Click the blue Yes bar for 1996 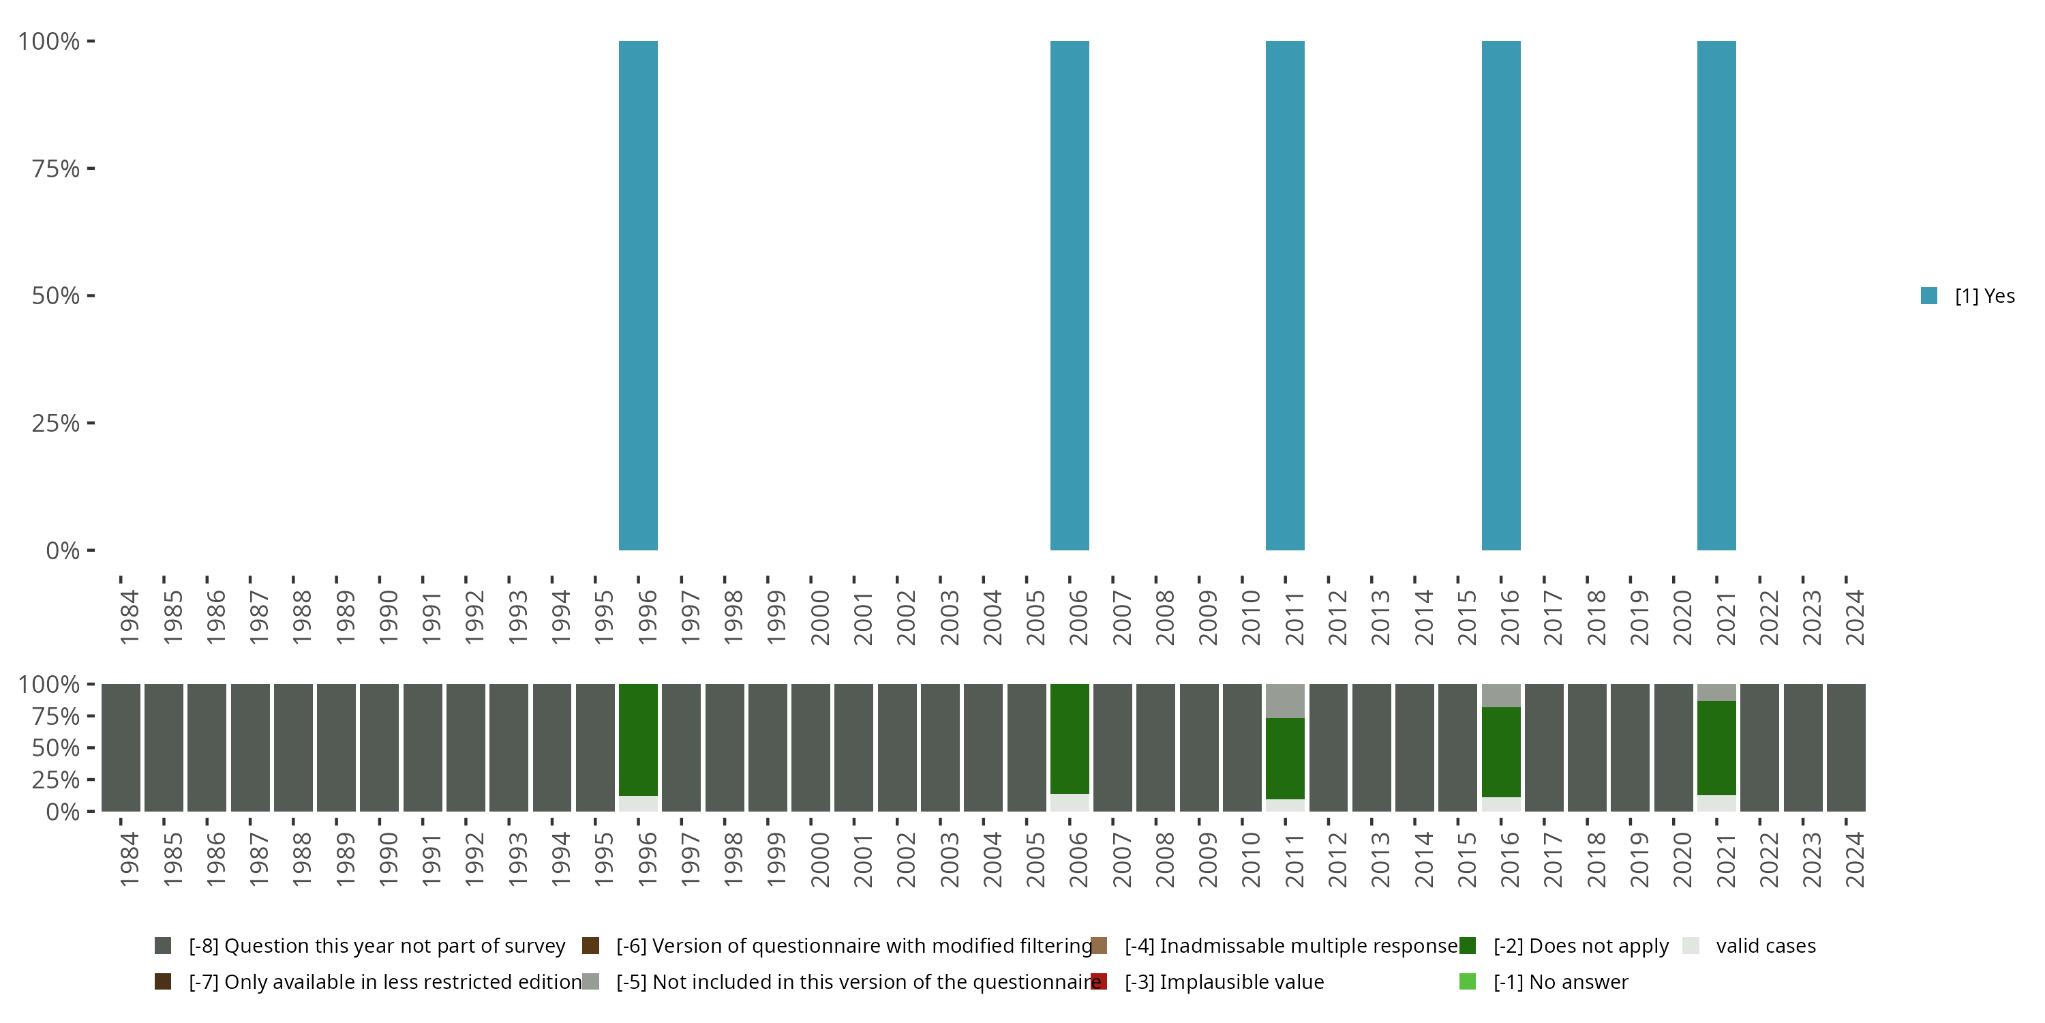638,295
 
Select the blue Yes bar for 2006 1070,295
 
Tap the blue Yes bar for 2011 1284,295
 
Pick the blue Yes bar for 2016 1500,295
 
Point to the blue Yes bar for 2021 1716,295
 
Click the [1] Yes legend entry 1967,296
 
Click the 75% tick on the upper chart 56,168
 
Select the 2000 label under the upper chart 819,618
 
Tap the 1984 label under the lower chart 129,859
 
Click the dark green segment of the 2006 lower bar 1070,739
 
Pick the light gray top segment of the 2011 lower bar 1284,700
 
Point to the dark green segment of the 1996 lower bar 638,739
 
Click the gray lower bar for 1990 380,747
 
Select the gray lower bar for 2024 1846,747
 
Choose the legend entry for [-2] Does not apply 1580,946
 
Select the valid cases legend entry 1764,946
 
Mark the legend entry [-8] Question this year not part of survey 376,946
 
